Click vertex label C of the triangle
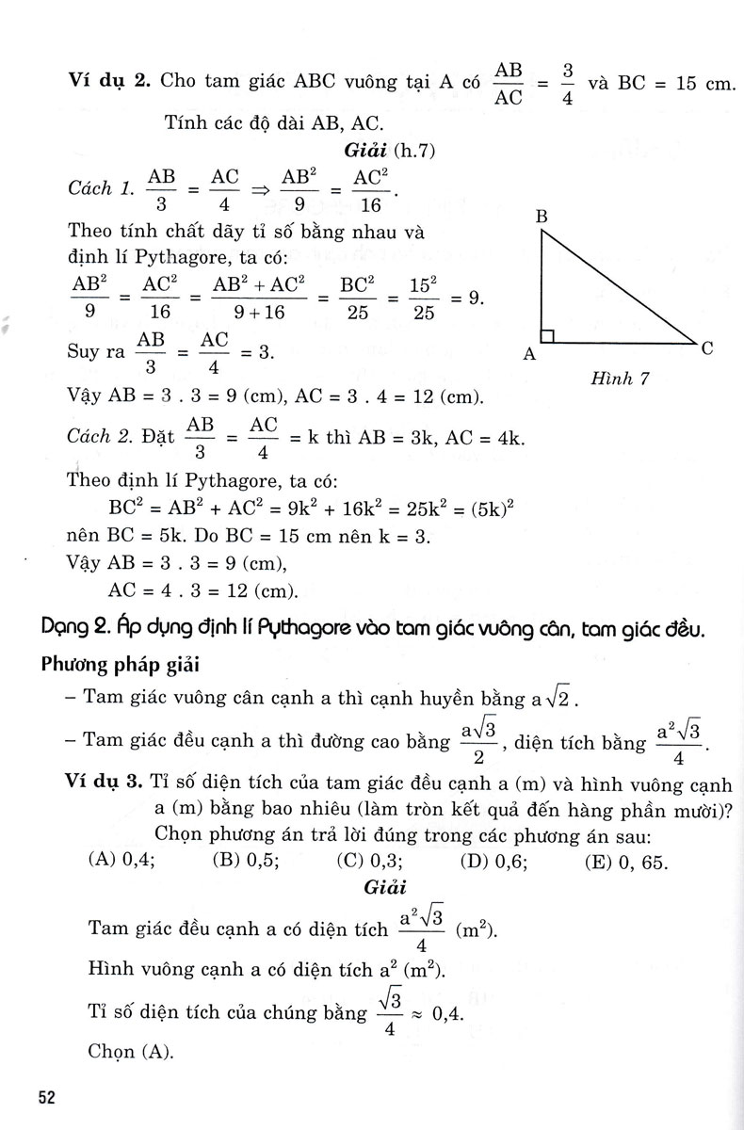click(x=706, y=347)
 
